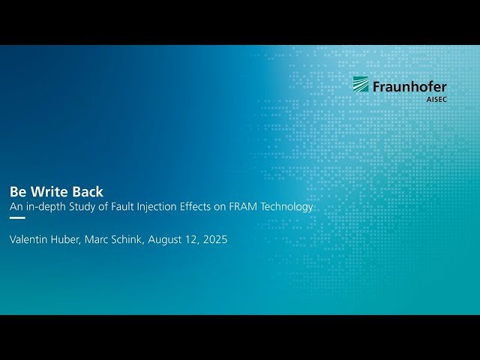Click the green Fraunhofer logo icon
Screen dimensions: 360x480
pyautogui.click(x=361, y=84)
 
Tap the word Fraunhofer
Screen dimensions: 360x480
pyautogui.click(x=409, y=87)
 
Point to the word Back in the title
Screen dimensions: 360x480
pyautogui.click(x=88, y=191)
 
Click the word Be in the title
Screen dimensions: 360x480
pyautogui.click(x=18, y=191)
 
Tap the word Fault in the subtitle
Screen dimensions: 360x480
pyautogui.click(x=128, y=206)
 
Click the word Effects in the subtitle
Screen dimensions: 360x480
pyautogui.click(x=211, y=206)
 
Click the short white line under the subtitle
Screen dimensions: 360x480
pyautogui.click(x=17, y=218)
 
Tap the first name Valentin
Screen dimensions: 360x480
pyautogui.click(x=30, y=240)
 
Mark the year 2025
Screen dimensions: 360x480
pyautogui.click(x=214, y=240)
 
